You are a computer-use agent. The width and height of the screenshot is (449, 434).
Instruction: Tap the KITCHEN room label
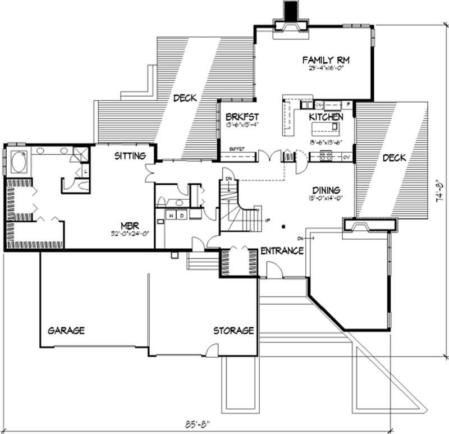point(326,117)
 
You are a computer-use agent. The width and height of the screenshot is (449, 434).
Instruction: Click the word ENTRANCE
point(282,250)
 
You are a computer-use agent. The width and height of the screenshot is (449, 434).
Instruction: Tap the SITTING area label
point(130,155)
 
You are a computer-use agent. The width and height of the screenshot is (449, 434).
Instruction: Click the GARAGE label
point(66,330)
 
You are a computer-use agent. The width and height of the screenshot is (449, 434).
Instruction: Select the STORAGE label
point(233,330)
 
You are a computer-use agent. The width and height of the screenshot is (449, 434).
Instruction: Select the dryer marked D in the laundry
point(181,214)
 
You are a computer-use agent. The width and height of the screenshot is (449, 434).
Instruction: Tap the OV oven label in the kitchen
point(346,157)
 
